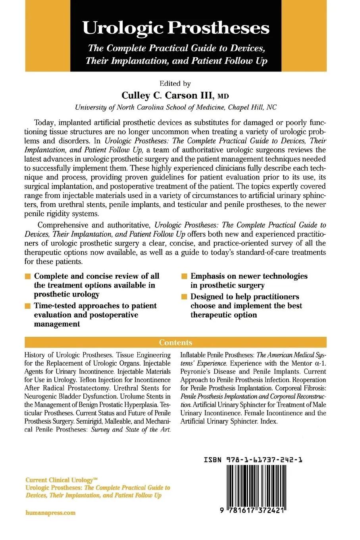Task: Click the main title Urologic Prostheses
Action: [176, 28]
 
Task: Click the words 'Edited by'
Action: [175, 84]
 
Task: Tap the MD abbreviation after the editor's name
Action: [223, 96]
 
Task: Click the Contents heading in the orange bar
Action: [175, 342]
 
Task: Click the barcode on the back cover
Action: [254, 486]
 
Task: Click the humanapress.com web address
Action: [50, 513]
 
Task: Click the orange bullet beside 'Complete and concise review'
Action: [27, 276]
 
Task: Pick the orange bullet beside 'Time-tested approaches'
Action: [27, 306]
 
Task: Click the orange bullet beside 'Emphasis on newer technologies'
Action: [184, 276]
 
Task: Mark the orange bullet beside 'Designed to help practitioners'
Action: [184, 297]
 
